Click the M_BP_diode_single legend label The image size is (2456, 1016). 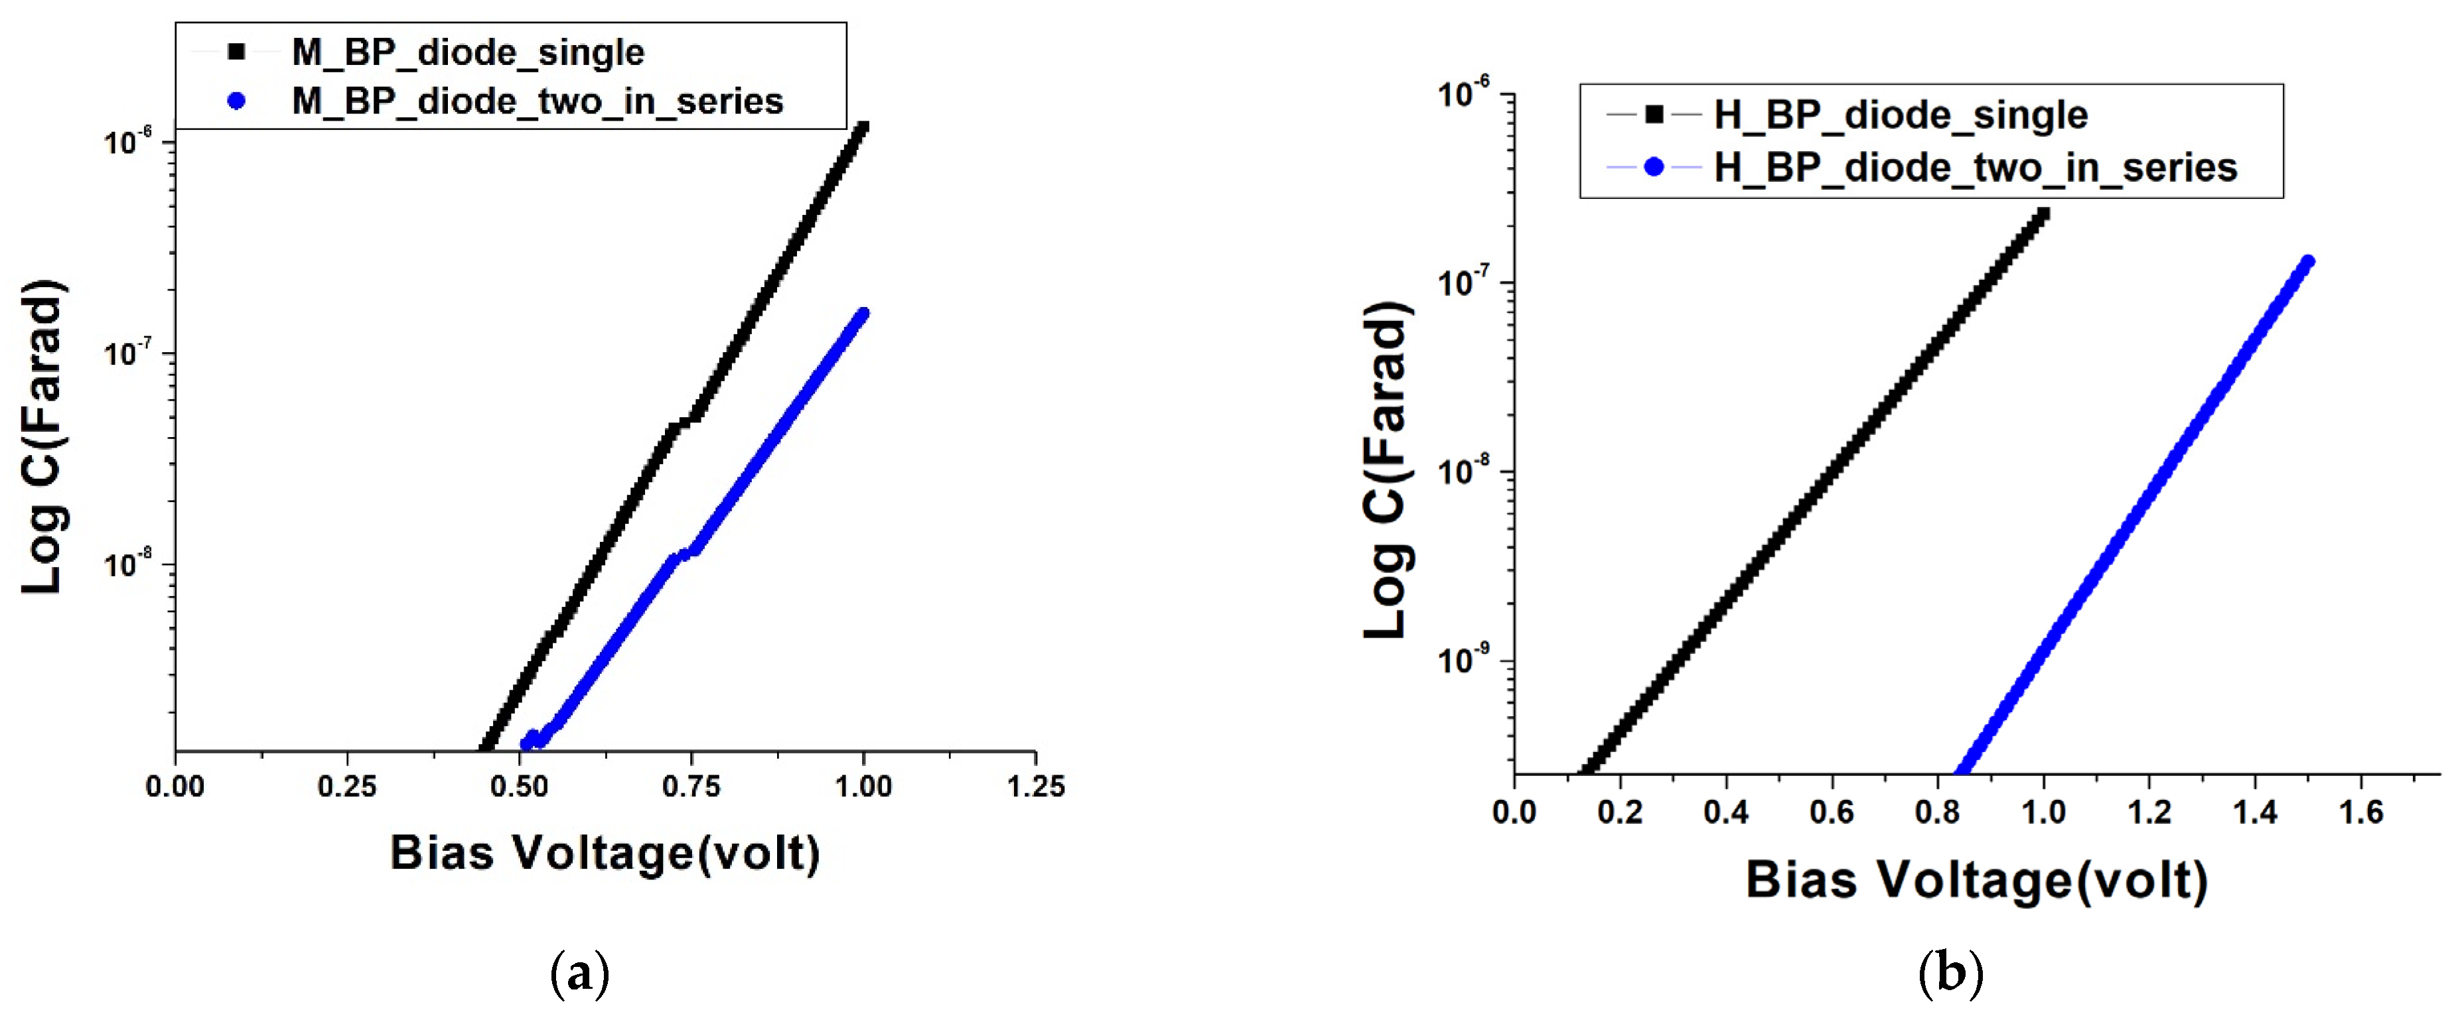[x=467, y=52]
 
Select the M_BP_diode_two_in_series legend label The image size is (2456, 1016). [x=537, y=101]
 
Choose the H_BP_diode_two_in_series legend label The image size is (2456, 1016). [x=1974, y=168]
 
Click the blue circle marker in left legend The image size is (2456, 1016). [x=236, y=101]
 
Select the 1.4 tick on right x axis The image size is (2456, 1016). [x=2255, y=812]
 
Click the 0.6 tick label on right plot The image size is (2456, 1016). [x=1832, y=812]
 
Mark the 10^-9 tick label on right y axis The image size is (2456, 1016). [x=1463, y=659]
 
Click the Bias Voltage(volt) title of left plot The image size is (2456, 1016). [x=605, y=853]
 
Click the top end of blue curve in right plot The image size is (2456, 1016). [x=2308, y=262]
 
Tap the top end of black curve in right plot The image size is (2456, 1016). [x=2042, y=214]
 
